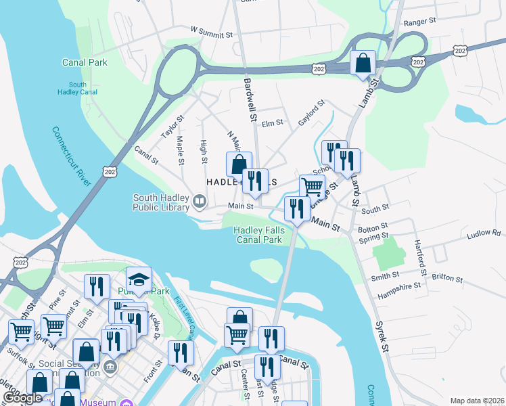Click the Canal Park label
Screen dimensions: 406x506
pyautogui.click(x=85, y=62)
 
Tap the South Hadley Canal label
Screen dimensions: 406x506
pyautogui.click(x=77, y=88)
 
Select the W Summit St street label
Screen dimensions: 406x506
pyautogui.click(x=211, y=30)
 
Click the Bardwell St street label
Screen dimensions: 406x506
pyautogui.click(x=250, y=99)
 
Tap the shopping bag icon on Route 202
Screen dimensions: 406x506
pyautogui.click(x=363, y=64)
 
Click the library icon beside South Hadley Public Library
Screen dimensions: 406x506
pyautogui.click(x=200, y=201)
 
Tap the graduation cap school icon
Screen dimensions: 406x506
pyautogui.click(x=139, y=279)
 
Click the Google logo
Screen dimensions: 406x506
pyautogui.click(x=22, y=398)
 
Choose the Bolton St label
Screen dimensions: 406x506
pyautogui.click(x=373, y=226)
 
